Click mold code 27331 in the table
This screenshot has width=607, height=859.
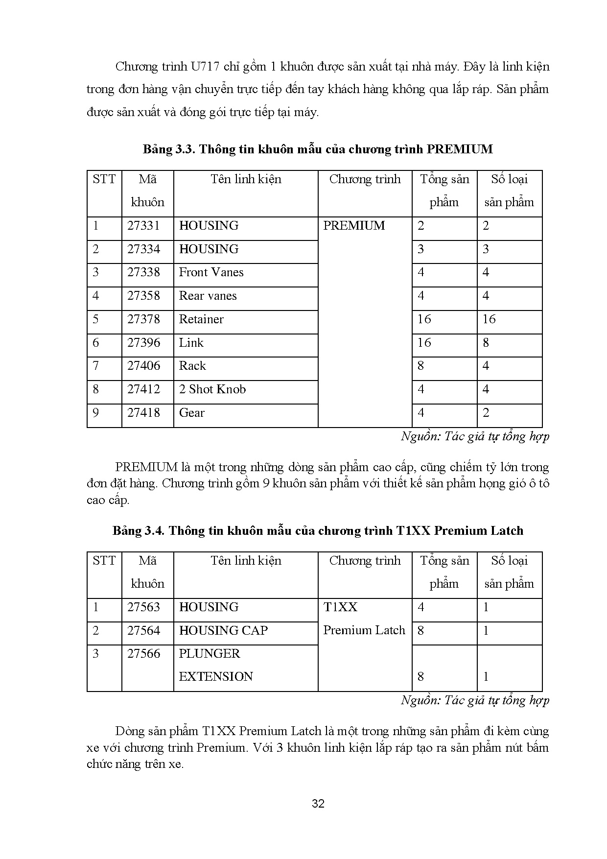[143, 226]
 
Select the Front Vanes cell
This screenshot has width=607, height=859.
[211, 272]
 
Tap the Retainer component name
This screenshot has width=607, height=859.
[201, 319]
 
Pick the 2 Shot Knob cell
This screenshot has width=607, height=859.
[212, 389]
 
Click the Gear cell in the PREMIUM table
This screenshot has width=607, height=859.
[192, 413]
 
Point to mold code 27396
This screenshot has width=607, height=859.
[143, 343]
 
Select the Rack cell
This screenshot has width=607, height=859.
[192, 366]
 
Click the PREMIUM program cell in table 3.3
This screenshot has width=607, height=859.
[354, 226]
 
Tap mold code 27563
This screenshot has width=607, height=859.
[143, 607]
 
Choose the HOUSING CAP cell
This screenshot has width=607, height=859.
[223, 630]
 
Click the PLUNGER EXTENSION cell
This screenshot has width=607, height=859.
[216, 665]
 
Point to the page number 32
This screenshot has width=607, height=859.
[318, 804]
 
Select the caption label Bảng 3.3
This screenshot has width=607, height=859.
[169, 149]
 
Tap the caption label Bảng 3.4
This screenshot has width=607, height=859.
[139, 531]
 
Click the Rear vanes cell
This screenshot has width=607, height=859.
[208, 296]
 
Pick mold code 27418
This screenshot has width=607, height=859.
[143, 413]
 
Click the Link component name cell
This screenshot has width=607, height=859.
[191, 343]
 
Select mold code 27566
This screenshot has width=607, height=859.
[143, 654]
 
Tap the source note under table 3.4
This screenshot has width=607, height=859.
[475, 700]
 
